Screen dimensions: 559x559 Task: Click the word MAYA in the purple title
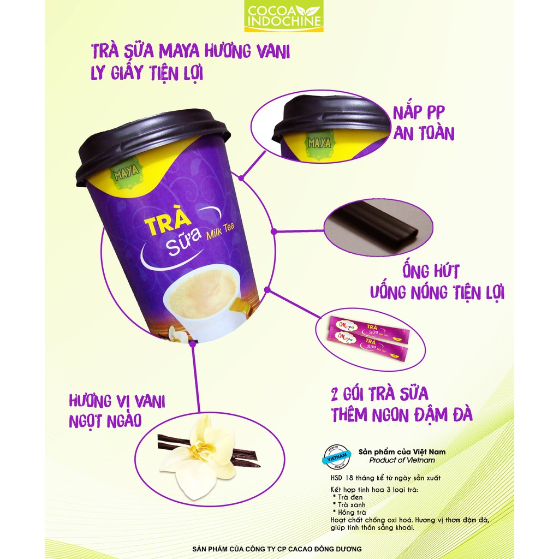point(180,52)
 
